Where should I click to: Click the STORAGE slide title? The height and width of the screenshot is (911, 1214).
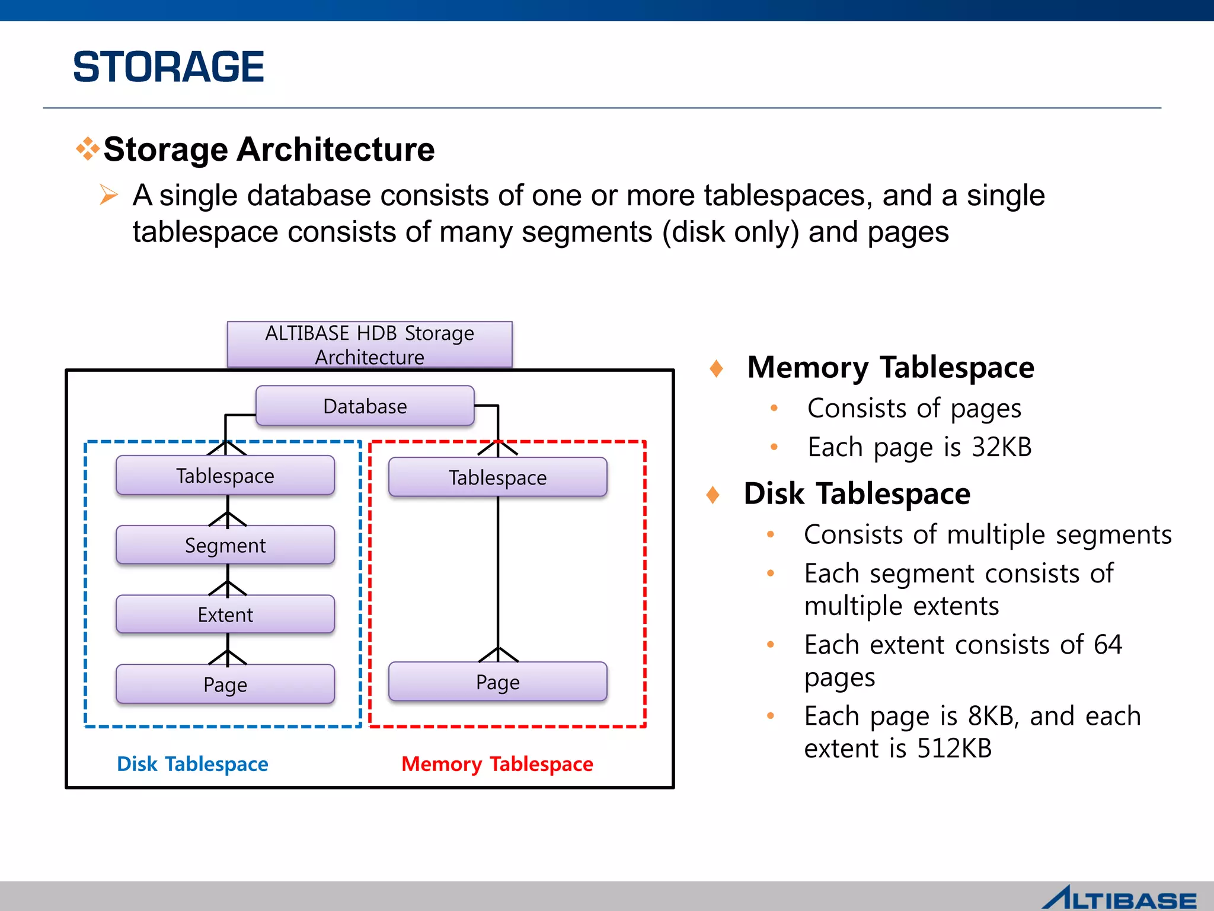(168, 66)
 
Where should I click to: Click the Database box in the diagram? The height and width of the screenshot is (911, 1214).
(365, 406)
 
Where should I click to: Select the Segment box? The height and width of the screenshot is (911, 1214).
(225, 545)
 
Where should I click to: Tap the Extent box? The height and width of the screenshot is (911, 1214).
(225, 614)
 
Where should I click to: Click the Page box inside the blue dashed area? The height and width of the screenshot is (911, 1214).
(225, 684)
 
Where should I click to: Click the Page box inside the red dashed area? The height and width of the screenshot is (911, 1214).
(498, 682)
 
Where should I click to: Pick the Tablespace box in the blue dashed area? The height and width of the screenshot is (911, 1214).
(225, 476)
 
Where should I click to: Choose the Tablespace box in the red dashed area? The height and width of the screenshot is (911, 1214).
(498, 477)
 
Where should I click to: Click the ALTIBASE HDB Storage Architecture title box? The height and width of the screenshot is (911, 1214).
(370, 345)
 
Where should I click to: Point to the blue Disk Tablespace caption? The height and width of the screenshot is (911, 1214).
(193, 764)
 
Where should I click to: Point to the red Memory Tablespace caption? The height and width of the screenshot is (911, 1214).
(497, 764)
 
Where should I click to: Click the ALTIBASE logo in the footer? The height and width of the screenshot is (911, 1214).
(1120, 898)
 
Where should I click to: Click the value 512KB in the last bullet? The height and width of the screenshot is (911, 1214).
(954, 748)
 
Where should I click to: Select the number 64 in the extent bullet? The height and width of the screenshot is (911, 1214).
(1108, 645)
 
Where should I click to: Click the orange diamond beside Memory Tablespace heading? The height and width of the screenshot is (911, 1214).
(716, 368)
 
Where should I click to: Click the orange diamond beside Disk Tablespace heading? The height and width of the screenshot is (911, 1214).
(713, 495)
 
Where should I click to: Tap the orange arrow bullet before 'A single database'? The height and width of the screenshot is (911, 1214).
(108, 195)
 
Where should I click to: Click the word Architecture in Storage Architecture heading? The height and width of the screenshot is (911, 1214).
(336, 149)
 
